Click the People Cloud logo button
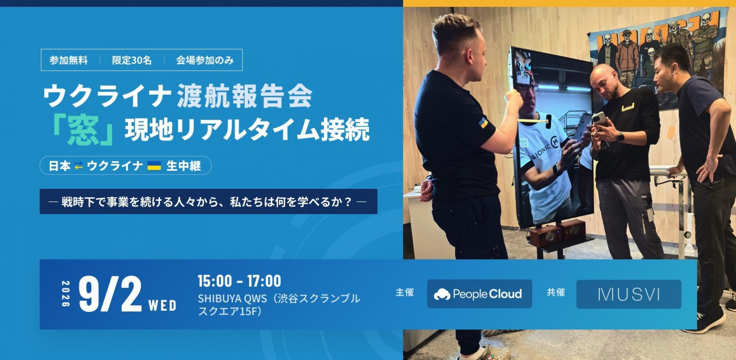coord(479,294)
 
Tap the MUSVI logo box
coord(628,294)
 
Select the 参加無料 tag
coord(68,60)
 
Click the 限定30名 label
coord(132,60)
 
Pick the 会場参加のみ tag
coord(205,60)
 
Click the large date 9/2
coord(110,294)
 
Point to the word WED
coord(162,306)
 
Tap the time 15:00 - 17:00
coord(239,281)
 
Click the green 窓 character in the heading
coord(83,132)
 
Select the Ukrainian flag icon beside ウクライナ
coord(154,166)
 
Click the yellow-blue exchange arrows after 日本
coord(79,166)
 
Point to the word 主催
coord(404,292)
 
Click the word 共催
coord(556,292)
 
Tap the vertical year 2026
coord(66,294)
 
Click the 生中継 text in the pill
coord(184,166)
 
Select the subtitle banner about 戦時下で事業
coord(208,202)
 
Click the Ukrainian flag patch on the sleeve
coord(483,122)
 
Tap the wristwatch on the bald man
coord(620,137)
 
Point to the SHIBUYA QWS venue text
coord(279,305)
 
